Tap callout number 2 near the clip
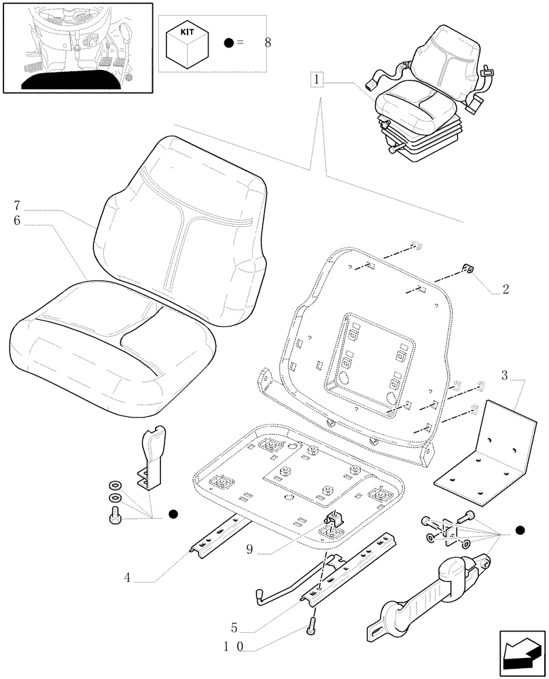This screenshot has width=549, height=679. point(505,290)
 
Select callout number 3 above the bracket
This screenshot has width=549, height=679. point(504,375)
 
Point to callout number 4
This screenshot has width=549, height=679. point(127,579)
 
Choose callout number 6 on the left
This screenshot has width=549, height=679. point(16,221)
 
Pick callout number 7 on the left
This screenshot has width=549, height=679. point(16,205)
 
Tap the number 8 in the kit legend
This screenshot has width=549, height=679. point(267,43)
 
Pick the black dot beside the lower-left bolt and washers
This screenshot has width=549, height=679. point(173,515)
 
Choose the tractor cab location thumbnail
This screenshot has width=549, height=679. point(74,46)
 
